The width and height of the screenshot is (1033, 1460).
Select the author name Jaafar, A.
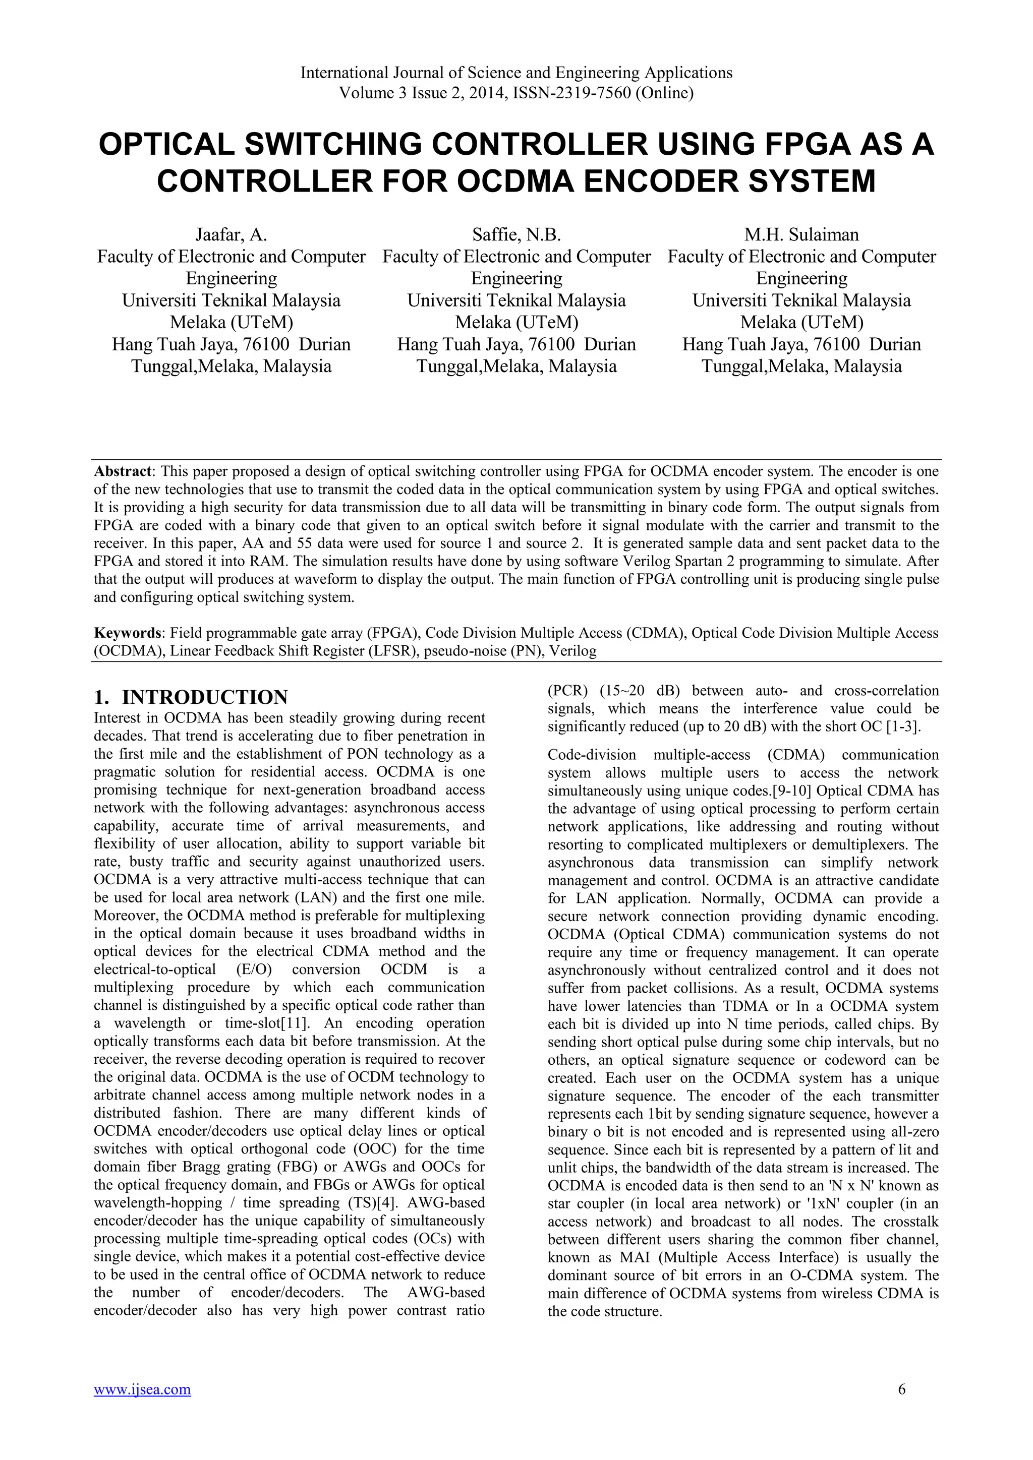[x=231, y=234]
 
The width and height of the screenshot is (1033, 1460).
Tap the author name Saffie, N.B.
[x=516, y=234]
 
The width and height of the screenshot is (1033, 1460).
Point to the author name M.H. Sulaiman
[x=801, y=234]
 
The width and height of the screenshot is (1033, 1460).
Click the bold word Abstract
[x=123, y=471]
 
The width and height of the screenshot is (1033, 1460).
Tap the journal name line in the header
[x=516, y=73]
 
